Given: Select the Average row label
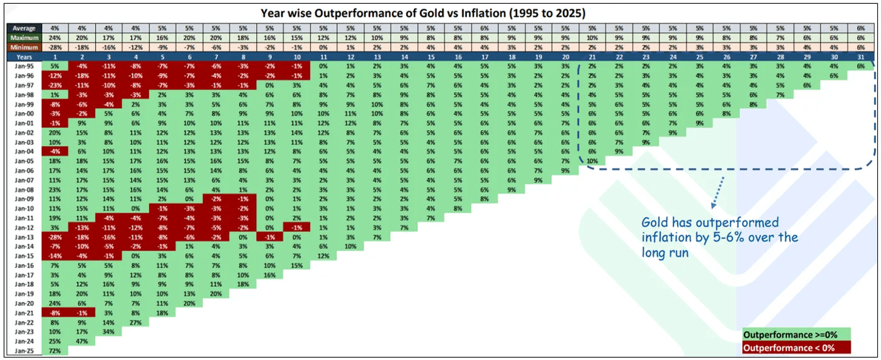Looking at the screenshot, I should pyautogui.click(x=23, y=28).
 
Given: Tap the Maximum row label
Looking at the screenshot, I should pyautogui.click(x=23, y=38).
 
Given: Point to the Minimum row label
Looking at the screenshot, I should pyautogui.click(x=23, y=47).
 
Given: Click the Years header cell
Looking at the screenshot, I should pyautogui.click(x=23, y=57).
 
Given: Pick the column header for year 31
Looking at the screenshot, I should pyautogui.click(x=860, y=57).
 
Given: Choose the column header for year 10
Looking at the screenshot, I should pyautogui.click(x=297, y=57).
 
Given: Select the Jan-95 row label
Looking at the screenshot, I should pyautogui.click(x=23, y=66).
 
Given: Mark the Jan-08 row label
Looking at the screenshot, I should pyautogui.click(x=23, y=189).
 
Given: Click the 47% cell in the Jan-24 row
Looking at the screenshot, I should pyautogui.click(x=81, y=340).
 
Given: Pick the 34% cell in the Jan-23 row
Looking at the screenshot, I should pyautogui.click(x=108, y=330).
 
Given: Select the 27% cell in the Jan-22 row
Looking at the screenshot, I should pyautogui.click(x=135, y=321).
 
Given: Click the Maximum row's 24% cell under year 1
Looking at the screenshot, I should pyautogui.click(x=54, y=38).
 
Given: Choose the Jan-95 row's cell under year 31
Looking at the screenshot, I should pyautogui.click(x=860, y=66).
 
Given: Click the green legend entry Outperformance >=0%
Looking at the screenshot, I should pyautogui.click(x=796, y=335).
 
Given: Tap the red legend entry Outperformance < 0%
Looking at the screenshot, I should pyautogui.click(x=796, y=347).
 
